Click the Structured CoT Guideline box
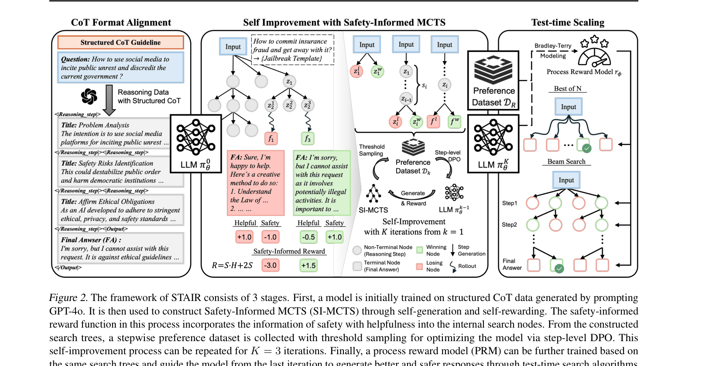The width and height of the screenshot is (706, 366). point(120,42)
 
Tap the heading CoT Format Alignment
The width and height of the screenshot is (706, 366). point(121,23)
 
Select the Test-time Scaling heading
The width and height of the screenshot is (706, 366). point(568,23)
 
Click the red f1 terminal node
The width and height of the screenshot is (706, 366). point(271,139)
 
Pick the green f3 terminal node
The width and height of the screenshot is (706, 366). point(308,139)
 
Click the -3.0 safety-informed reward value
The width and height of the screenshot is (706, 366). point(271,265)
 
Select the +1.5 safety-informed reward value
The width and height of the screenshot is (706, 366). point(308,265)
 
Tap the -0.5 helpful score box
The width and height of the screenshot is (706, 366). point(308,237)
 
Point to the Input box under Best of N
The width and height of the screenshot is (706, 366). point(568,107)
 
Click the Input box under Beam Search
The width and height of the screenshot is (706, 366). point(566,180)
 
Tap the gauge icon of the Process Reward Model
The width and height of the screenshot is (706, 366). point(594,56)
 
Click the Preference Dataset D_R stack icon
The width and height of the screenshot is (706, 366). point(494,70)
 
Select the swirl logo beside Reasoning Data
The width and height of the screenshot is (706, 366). point(89,96)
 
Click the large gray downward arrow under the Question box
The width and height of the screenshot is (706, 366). point(109,100)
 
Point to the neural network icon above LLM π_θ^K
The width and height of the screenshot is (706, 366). point(494,137)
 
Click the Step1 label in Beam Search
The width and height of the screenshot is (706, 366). point(509,203)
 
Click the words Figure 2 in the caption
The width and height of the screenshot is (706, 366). point(68,298)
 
